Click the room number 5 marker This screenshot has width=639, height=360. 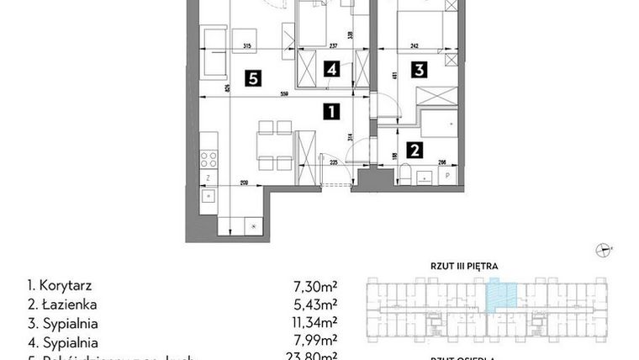251,79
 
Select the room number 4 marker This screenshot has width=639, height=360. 333,70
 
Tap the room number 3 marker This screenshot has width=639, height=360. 418,70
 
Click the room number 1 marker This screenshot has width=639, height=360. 333,110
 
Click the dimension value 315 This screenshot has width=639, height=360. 247,47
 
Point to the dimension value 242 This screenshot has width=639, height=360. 415,47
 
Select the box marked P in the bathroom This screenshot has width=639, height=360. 446,175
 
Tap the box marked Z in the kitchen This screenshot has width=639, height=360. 207,178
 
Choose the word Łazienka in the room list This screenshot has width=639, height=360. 61,305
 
